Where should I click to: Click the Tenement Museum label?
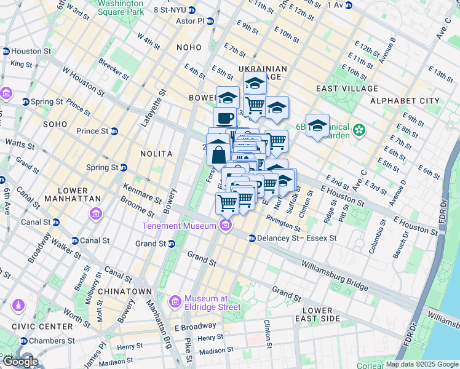[179, 226]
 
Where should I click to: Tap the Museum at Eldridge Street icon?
[175, 301]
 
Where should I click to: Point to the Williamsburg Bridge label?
[334, 276]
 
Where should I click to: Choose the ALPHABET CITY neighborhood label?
[405, 100]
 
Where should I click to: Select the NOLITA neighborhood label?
[156, 153]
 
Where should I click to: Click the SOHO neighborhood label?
[55, 124]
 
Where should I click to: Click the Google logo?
[20, 362]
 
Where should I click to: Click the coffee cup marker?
[224, 117]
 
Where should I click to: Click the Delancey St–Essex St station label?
[297, 238]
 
